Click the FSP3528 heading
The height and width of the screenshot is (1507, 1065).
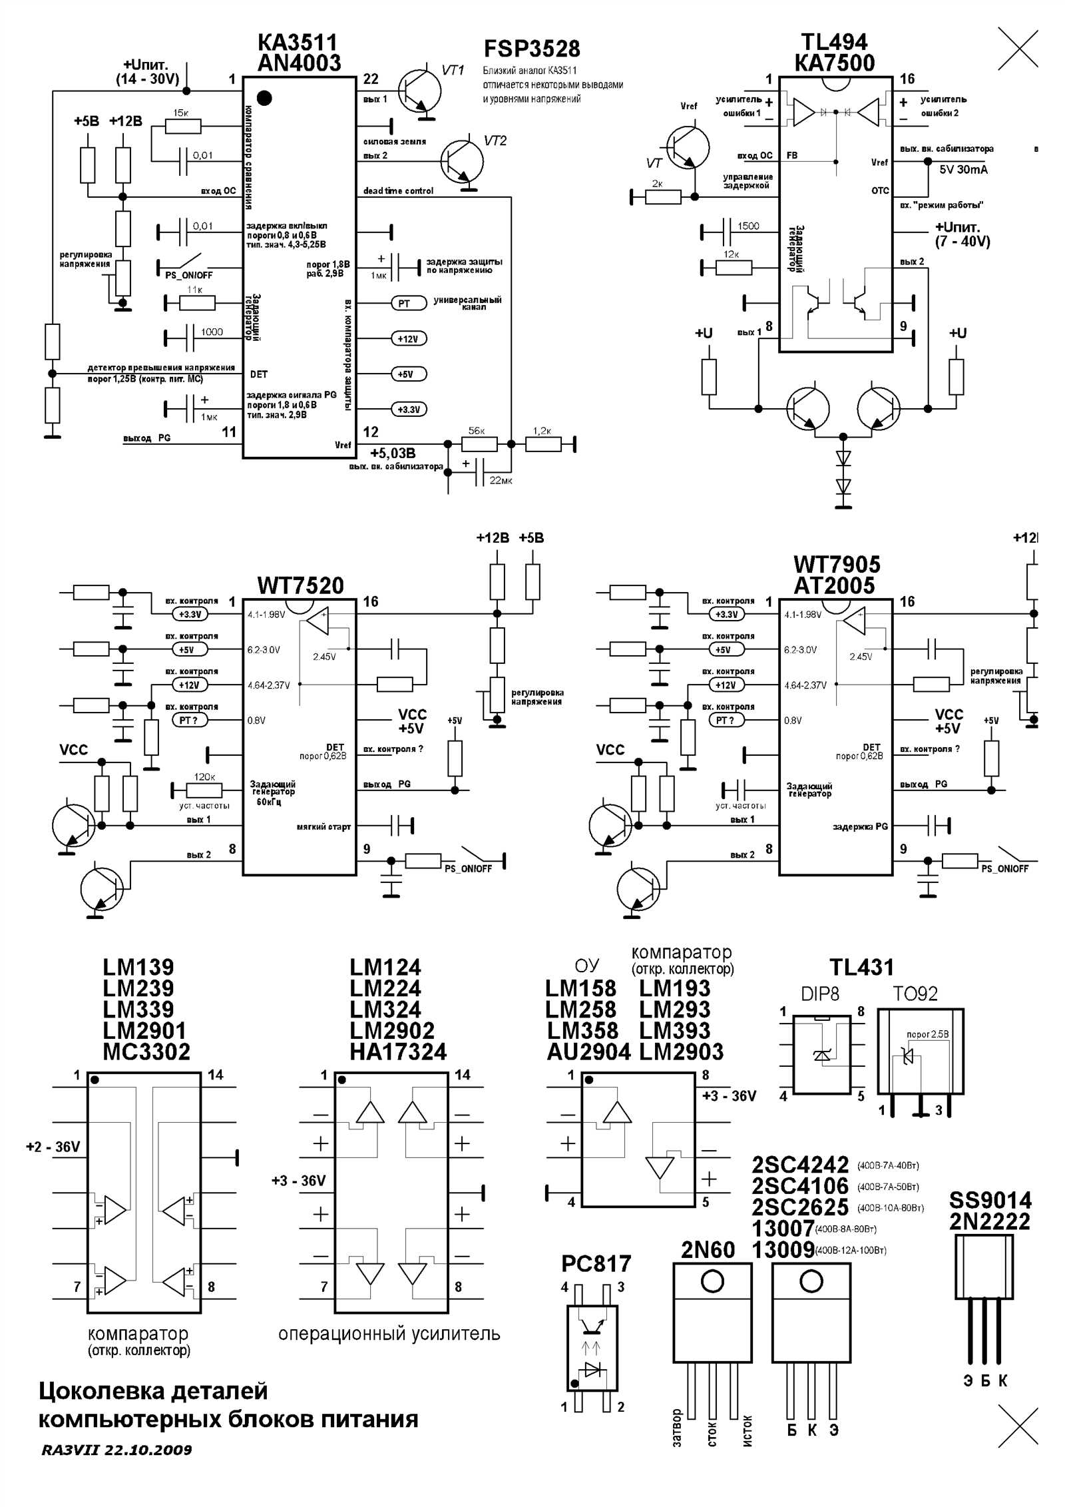click(x=531, y=49)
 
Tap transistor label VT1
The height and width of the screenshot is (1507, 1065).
click(x=453, y=71)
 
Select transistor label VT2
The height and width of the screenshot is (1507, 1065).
click(x=495, y=141)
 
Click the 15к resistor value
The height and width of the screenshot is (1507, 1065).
click(x=180, y=113)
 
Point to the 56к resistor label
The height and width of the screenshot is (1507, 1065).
click(x=477, y=431)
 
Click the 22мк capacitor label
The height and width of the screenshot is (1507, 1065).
click(x=501, y=480)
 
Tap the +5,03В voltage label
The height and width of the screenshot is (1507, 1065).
click(x=393, y=453)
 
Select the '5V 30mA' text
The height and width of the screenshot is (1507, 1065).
click(x=963, y=169)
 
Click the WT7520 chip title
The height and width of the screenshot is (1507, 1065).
click(x=300, y=585)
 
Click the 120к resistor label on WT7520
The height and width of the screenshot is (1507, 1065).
click(x=204, y=776)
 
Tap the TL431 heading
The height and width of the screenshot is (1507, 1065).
click(x=861, y=967)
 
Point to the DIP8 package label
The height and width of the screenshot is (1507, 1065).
click(x=820, y=994)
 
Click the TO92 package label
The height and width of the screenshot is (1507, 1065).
click(x=915, y=994)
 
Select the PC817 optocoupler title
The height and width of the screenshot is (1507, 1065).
click(x=596, y=1263)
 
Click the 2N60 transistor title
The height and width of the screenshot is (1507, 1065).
click(x=708, y=1250)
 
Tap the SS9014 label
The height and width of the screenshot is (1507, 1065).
click(x=990, y=1200)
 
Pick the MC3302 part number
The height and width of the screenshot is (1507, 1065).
click(x=146, y=1052)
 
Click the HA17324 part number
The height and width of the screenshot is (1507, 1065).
click(x=398, y=1052)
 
